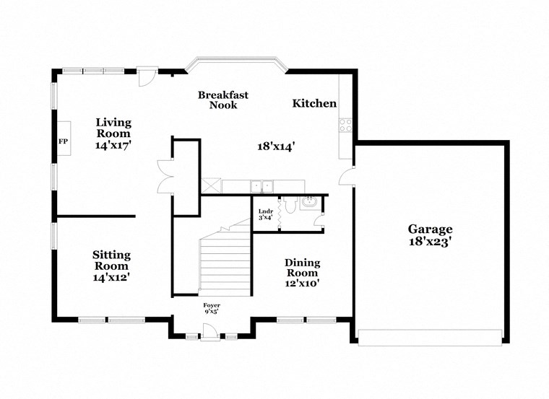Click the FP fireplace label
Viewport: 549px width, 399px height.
[x=63, y=141]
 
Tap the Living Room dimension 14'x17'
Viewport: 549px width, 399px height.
[x=113, y=145]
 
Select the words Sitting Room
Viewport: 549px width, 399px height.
[x=111, y=260]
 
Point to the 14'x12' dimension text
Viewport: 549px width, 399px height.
[x=111, y=276]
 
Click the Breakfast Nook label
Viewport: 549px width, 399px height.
[x=223, y=100]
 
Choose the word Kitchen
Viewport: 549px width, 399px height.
[x=314, y=104]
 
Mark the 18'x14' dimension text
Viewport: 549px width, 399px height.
[x=277, y=146]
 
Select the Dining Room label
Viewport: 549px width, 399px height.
[x=302, y=268]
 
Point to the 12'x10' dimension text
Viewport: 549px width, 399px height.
[x=302, y=284]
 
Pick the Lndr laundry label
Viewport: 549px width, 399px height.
[x=265, y=214]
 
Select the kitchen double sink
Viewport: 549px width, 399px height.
[x=262, y=186]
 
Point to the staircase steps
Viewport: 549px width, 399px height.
[x=225, y=263]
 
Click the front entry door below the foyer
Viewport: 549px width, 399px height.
[x=210, y=332]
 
